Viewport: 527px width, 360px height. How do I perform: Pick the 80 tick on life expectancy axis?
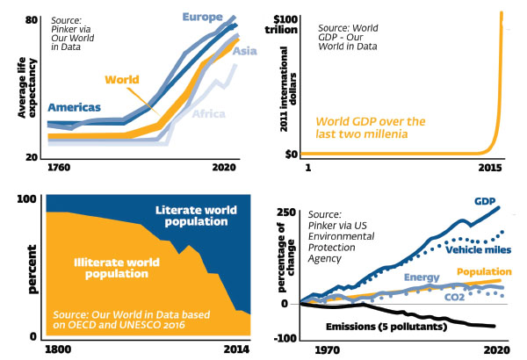pyautogui.click(x=31, y=19)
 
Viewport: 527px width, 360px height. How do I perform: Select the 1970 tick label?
pyautogui.click(x=327, y=349)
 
